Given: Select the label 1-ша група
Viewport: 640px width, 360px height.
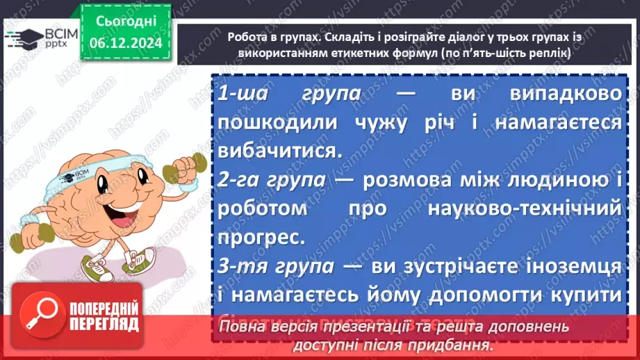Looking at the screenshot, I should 288,95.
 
